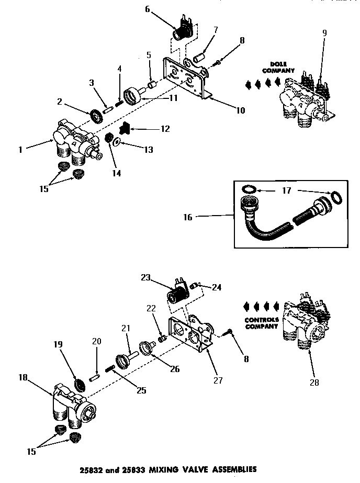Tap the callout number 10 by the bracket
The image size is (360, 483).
coord(240,110)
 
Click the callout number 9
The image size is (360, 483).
coord(324,33)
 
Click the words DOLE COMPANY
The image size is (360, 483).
coord(278,67)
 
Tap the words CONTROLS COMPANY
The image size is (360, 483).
coord(261,323)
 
